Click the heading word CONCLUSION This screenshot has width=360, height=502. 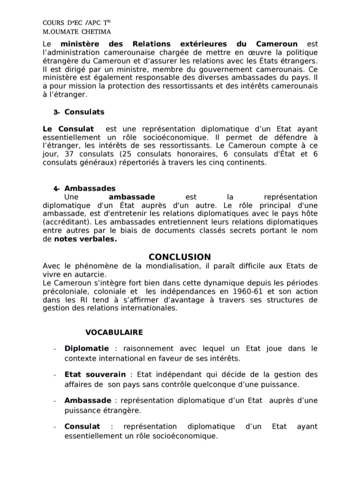[179, 257]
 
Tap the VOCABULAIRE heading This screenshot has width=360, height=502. [114, 332]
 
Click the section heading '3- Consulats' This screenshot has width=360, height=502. [79, 112]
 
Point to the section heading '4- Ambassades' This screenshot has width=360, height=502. [84, 188]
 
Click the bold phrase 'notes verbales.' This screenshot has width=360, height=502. [85, 239]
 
